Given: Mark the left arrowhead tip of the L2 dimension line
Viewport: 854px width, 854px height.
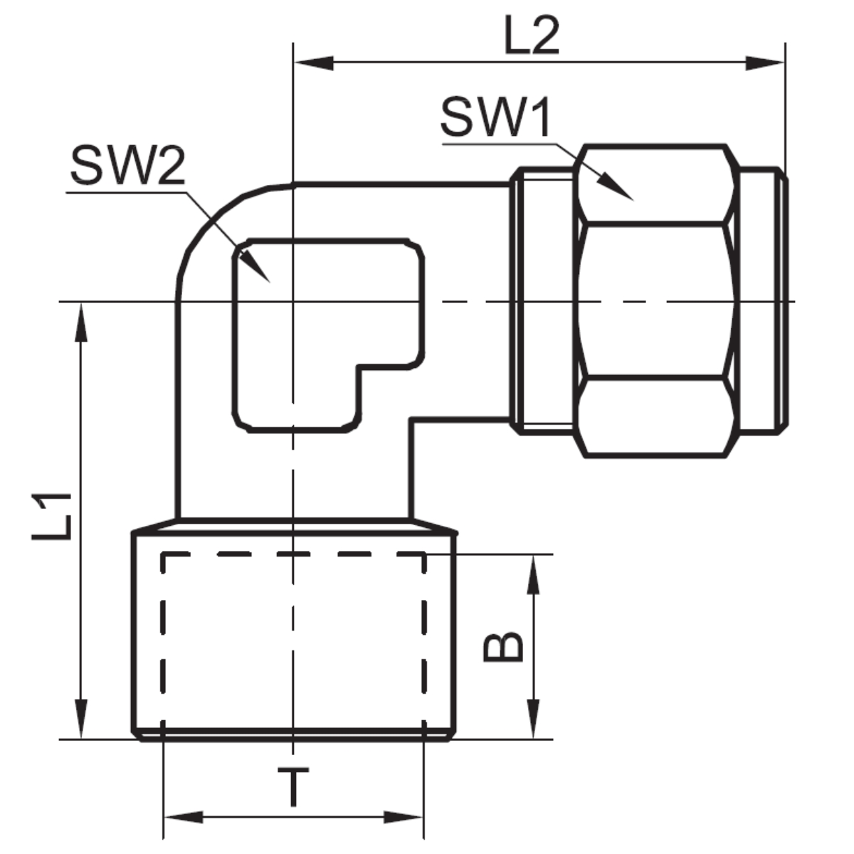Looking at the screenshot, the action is [x=294, y=63].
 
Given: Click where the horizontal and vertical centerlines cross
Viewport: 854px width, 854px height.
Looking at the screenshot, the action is [x=293, y=302].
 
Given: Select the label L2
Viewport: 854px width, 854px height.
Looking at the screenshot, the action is [x=532, y=35].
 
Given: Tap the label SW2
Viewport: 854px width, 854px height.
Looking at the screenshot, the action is [x=127, y=167].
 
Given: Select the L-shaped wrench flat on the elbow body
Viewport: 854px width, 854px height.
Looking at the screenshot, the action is [x=328, y=335].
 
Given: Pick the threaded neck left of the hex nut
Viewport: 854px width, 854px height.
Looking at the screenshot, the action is [x=542, y=301].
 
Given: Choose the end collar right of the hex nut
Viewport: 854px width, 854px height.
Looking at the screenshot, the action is [x=763, y=301].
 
